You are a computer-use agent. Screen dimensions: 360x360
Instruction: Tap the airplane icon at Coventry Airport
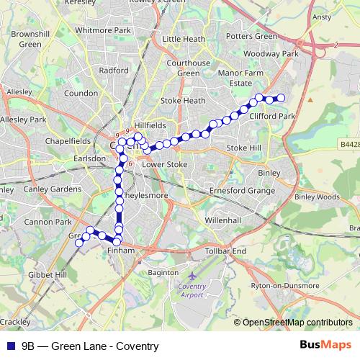click(x=191, y=276)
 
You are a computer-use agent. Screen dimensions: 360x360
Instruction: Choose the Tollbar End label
click(x=227, y=250)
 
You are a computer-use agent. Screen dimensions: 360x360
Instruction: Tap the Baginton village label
click(x=162, y=273)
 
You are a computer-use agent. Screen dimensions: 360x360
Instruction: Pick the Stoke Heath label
click(x=183, y=101)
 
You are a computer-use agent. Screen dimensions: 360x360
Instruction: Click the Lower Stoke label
click(x=164, y=164)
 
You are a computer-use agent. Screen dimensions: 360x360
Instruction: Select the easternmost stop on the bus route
click(x=282, y=98)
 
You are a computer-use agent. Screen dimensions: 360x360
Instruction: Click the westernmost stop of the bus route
click(x=79, y=243)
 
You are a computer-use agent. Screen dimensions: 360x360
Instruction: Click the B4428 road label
click(x=349, y=144)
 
